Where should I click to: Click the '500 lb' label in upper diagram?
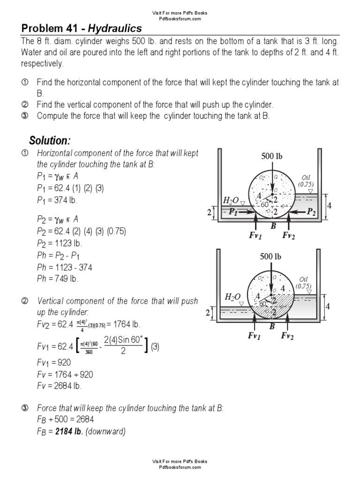[271, 157]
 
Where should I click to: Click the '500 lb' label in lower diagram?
[271, 256]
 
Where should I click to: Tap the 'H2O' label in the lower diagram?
[233, 296]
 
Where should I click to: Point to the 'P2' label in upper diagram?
[311, 212]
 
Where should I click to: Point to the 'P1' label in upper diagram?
[233, 212]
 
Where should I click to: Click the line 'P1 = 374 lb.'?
[57, 200]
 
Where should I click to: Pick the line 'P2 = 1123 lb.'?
[59, 243]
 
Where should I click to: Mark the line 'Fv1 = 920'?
[53, 362]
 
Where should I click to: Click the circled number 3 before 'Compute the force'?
[25, 116]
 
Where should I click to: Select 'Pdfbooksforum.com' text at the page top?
[180, 19]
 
